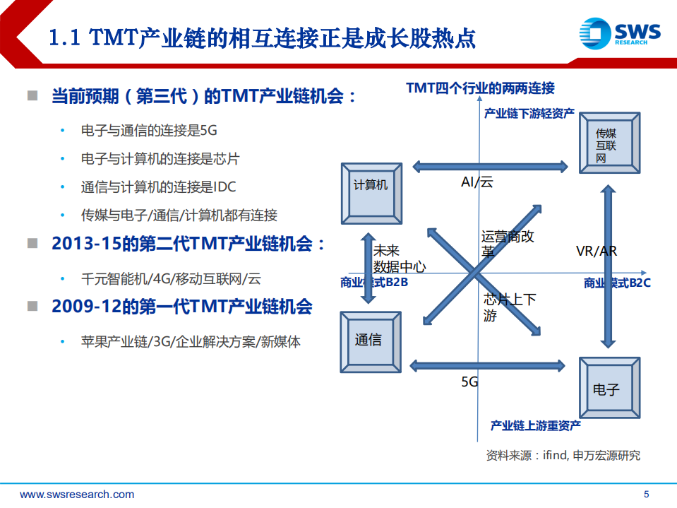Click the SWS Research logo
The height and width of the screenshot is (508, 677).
pos(620,34)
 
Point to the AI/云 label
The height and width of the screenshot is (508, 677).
pos(477,182)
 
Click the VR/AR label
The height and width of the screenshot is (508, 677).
pos(597,252)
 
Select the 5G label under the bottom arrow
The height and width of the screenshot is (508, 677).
pos(470,382)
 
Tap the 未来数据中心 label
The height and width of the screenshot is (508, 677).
pos(399,259)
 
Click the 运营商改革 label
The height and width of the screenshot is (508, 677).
pos(508,244)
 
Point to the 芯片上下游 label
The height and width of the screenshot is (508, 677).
pos(509,307)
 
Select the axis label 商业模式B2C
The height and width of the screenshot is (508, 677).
pos(616,283)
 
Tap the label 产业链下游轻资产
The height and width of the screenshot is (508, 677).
pos(529,113)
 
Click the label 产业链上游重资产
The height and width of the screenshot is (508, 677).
pos(536,425)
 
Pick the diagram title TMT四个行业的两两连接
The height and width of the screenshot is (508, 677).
pos(480,88)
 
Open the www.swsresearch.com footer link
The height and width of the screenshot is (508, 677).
pos(77,494)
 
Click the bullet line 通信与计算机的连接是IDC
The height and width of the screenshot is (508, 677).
pos(158,187)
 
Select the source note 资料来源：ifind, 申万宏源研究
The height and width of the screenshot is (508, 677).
pos(563,455)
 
